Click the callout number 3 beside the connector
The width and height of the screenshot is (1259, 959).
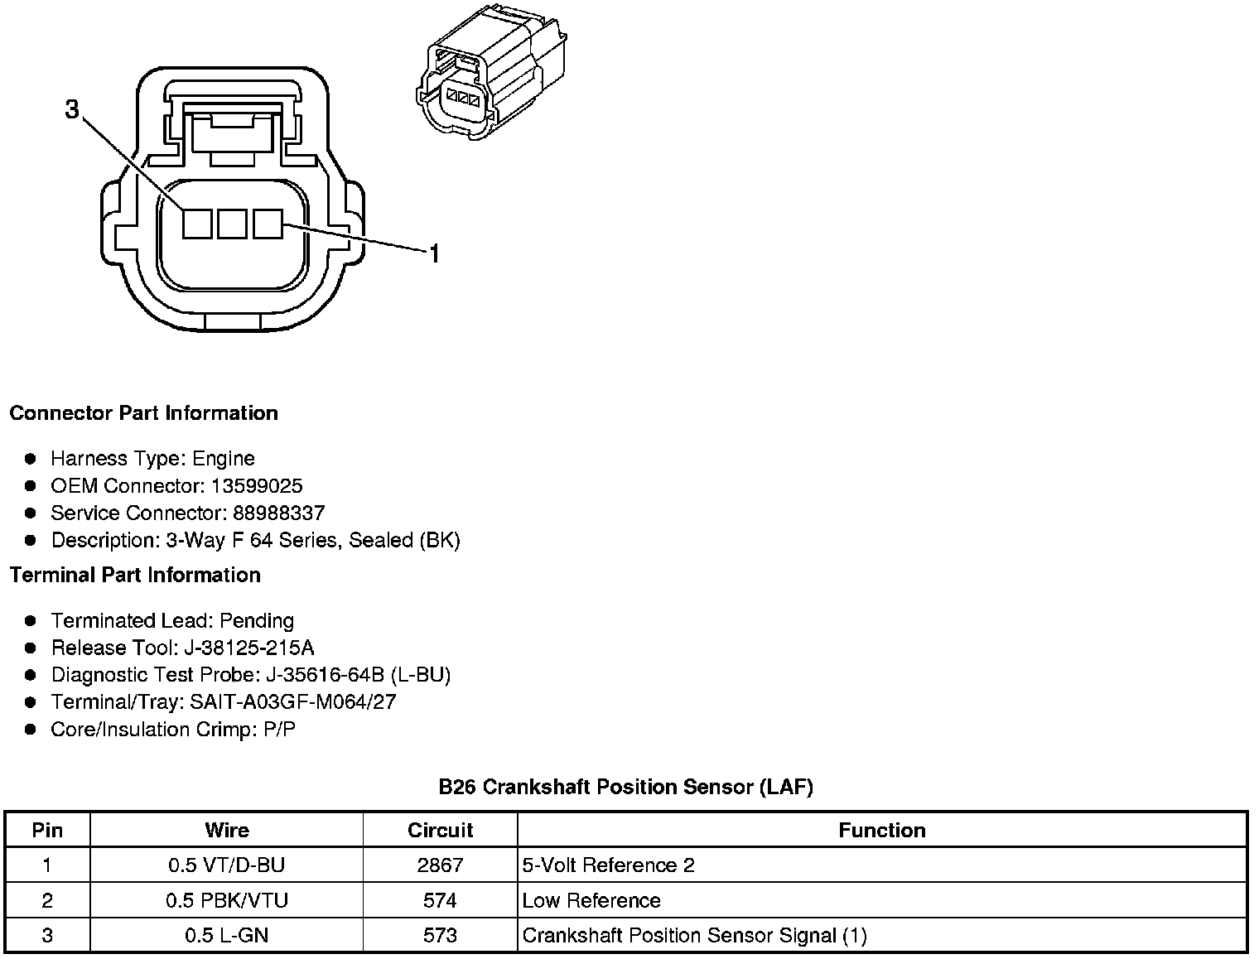[x=73, y=108]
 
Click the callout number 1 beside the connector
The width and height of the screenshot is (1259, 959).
[x=433, y=253]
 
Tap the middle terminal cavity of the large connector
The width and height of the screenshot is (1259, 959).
[x=232, y=224]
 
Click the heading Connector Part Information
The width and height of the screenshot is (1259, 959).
[x=144, y=413]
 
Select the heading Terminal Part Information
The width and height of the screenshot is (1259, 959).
[x=135, y=575]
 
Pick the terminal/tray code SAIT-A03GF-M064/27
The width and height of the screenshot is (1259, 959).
[x=293, y=702]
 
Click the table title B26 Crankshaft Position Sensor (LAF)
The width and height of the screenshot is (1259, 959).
[x=625, y=787]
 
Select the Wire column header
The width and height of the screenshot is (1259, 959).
[x=227, y=830]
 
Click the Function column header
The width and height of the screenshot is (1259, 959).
[x=882, y=830]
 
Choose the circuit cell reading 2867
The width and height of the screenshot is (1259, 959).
[x=440, y=865]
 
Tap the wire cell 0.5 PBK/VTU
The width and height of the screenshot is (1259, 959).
[x=227, y=900]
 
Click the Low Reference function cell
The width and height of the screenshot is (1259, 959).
[x=591, y=900]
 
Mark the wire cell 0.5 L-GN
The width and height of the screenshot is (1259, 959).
[x=227, y=936]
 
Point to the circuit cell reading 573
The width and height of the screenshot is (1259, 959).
[x=440, y=936]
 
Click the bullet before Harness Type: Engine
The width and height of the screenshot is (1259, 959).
[x=31, y=459]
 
